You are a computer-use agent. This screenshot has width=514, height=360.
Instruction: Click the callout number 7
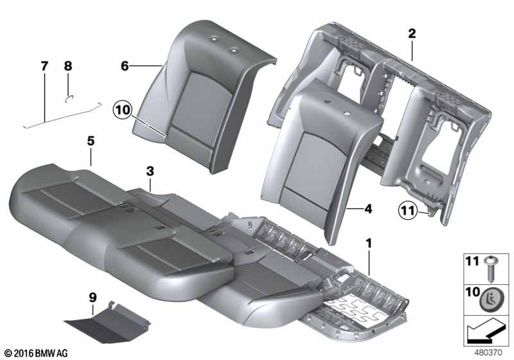[44, 66]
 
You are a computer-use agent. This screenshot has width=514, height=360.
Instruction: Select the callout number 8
[68, 66]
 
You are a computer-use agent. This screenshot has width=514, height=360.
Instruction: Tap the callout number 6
[125, 66]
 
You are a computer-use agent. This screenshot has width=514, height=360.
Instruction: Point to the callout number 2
[412, 34]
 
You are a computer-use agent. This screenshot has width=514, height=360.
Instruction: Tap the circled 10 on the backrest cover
[123, 111]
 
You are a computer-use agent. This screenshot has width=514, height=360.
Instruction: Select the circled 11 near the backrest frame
[407, 209]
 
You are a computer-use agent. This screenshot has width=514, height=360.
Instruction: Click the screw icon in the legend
[492, 265]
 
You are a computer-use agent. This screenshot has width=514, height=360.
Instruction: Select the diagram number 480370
[489, 352]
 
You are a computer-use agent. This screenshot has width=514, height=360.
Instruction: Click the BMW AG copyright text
[35, 353]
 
